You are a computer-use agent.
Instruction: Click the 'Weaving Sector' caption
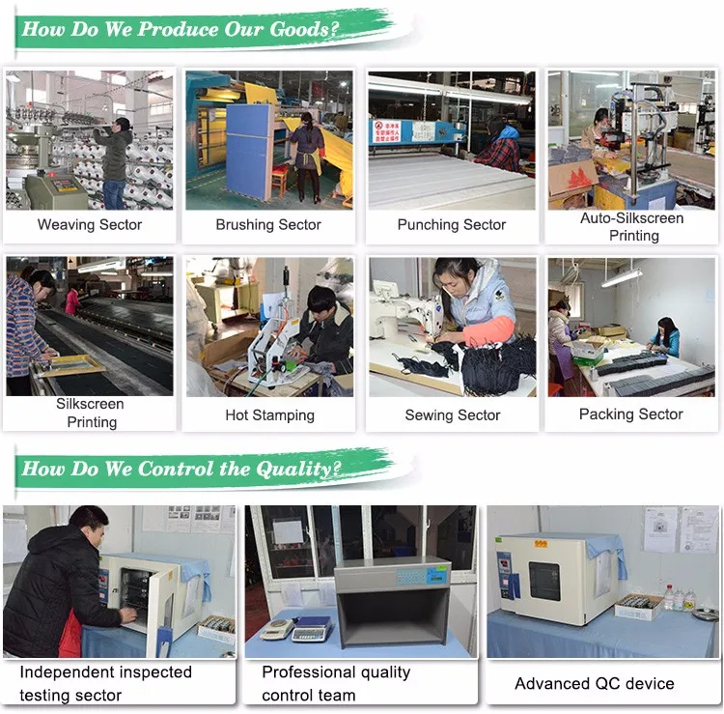tap(90, 224)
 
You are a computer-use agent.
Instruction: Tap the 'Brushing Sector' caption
tap(268, 224)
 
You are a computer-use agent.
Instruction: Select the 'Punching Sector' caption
tap(452, 224)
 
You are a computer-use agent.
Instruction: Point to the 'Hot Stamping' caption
tap(269, 415)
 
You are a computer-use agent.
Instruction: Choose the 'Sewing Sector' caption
tap(453, 415)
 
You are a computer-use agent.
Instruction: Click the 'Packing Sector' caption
tap(630, 414)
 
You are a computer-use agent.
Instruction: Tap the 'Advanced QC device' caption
tap(595, 683)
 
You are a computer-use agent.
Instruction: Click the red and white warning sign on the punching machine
tap(386, 131)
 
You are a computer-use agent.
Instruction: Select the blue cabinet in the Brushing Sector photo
tap(248, 152)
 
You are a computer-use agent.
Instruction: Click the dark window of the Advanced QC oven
tap(543, 581)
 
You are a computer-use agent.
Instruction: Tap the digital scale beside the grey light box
tap(309, 629)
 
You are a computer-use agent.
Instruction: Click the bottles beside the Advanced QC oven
tap(679, 597)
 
